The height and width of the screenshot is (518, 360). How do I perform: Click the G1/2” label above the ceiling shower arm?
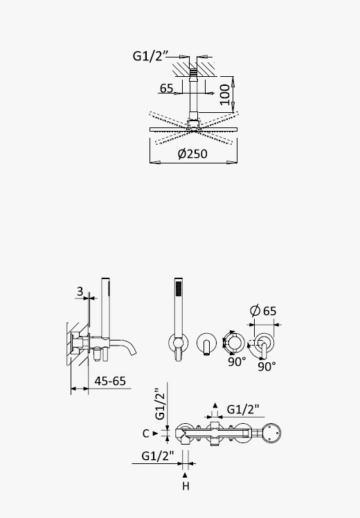(x=151, y=56)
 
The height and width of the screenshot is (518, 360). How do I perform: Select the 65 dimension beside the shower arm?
(x=166, y=88)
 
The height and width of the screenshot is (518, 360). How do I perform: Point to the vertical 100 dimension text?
(x=225, y=94)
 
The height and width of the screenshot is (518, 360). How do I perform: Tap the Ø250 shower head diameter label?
(x=192, y=154)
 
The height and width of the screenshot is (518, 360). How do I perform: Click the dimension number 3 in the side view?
(x=80, y=292)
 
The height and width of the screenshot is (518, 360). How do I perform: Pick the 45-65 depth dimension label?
(x=110, y=381)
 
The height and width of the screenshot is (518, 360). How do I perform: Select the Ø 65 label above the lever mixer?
(x=263, y=310)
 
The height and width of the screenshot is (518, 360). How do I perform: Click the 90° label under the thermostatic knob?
(x=237, y=361)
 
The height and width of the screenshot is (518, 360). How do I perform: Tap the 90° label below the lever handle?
(x=267, y=366)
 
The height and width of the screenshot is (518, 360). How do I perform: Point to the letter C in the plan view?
(x=146, y=434)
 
